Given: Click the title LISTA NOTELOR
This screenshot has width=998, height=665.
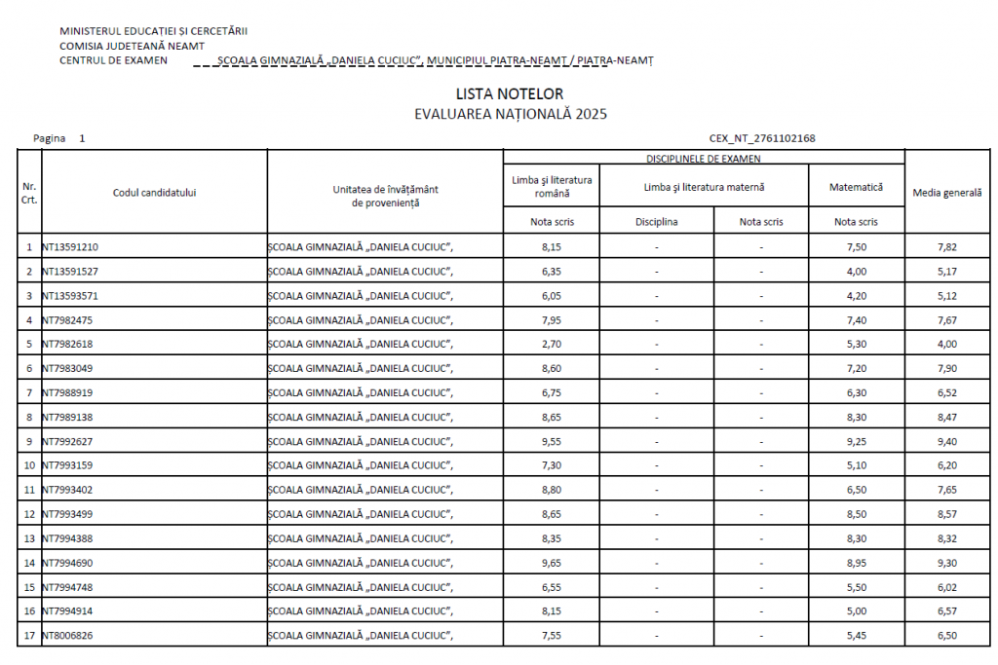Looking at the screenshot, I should click(x=509, y=93).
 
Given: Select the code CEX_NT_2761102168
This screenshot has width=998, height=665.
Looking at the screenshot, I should click(x=761, y=138).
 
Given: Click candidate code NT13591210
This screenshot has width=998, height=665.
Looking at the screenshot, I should click(x=69, y=246).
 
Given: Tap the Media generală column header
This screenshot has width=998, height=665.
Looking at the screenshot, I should click(x=946, y=193).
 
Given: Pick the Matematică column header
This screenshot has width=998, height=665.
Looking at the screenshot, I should click(x=856, y=186).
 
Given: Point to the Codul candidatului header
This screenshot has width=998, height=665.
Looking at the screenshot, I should click(x=154, y=193).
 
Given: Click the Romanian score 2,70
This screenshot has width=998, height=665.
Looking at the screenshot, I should click(x=551, y=344).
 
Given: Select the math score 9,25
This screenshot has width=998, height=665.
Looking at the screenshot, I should click(x=856, y=441).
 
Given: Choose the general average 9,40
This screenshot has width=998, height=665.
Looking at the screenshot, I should click(x=946, y=441).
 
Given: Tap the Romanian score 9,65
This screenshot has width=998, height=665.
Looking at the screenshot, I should click(x=551, y=563).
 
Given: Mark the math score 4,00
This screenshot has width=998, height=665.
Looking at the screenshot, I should click(x=856, y=271).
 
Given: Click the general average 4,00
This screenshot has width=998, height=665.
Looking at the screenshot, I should click(x=946, y=344).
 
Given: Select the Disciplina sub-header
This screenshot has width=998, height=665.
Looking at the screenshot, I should click(x=656, y=221).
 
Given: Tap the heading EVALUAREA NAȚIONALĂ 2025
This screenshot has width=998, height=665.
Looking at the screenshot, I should click(x=510, y=114).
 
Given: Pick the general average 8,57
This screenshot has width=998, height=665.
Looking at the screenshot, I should click(x=946, y=514).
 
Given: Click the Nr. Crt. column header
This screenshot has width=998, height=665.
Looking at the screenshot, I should click(x=29, y=193).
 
